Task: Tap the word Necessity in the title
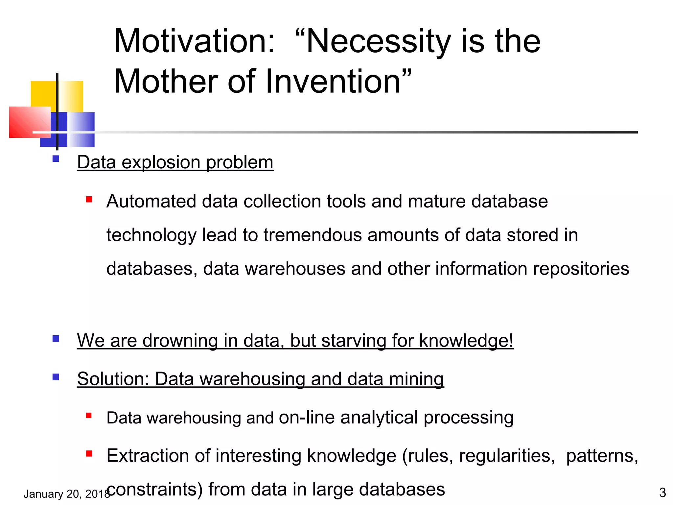(x=378, y=42)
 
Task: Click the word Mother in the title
(x=166, y=82)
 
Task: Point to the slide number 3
(x=662, y=493)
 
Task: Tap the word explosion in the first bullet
(x=161, y=163)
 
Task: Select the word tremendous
(x=313, y=235)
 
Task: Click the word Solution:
(x=113, y=379)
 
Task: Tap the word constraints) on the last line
(x=154, y=490)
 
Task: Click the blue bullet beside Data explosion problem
(x=56, y=159)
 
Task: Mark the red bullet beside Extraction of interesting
(x=89, y=454)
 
